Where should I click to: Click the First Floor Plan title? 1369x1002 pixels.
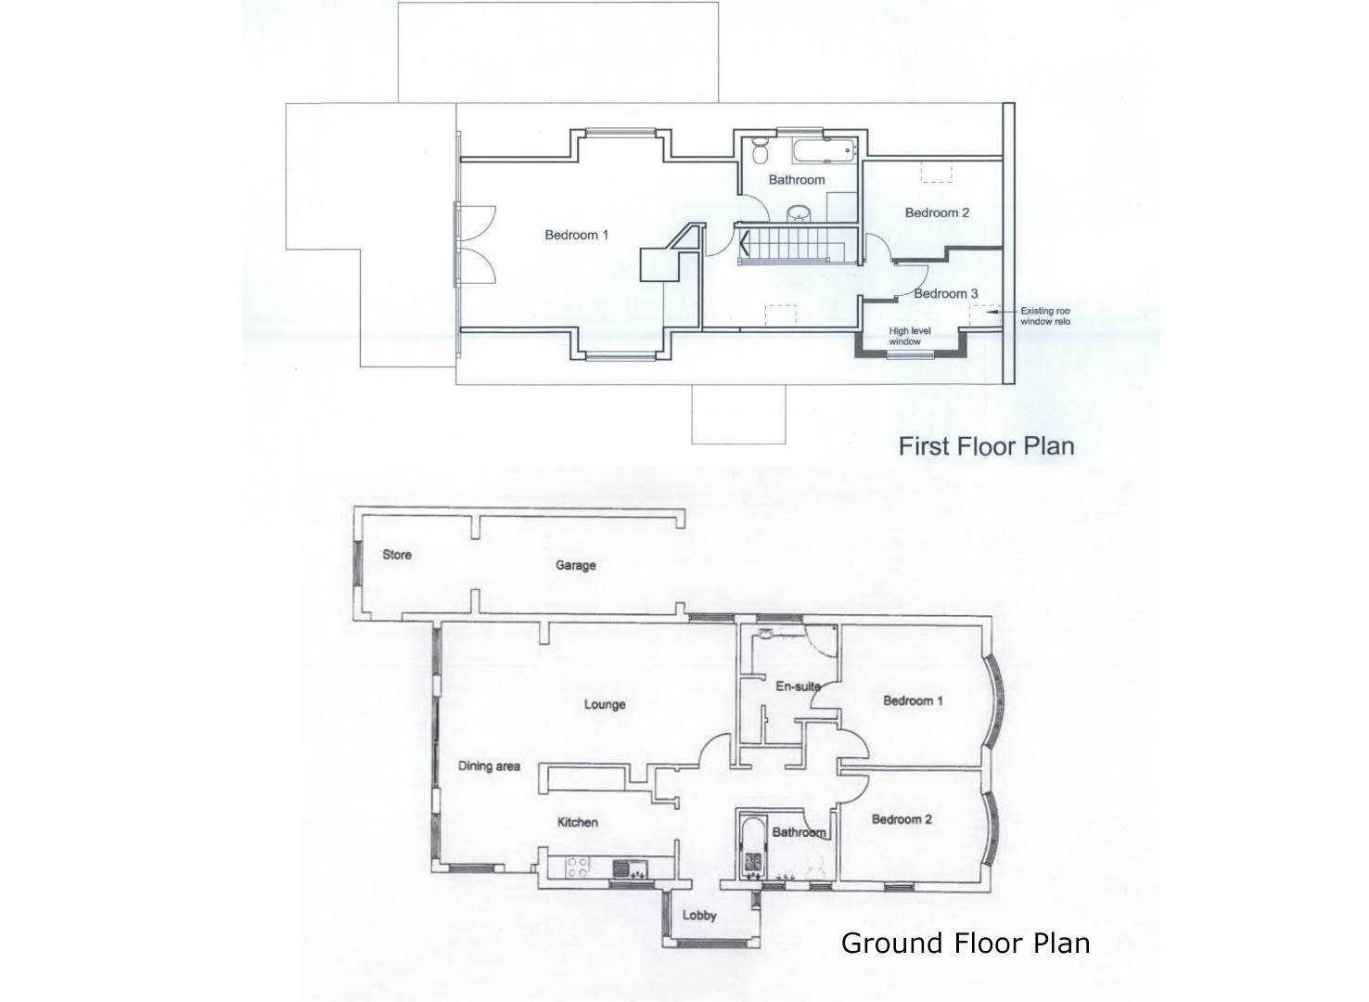[986, 446]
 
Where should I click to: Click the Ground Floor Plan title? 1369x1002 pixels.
[965, 944]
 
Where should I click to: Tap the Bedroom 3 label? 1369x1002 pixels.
[945, 293]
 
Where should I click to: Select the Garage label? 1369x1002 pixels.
[575, 565]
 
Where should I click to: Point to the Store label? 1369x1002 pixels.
[397, 555]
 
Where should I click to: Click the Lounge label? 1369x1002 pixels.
[605, 704]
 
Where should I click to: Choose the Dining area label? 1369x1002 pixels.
[489, 766]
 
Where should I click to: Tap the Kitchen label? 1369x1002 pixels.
[577, 822]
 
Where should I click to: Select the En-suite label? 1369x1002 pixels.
[798, 687]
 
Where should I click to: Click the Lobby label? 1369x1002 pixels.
[699, 916]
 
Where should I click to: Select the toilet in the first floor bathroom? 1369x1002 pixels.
[760, 151]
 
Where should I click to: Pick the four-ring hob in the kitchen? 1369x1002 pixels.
[577, 867]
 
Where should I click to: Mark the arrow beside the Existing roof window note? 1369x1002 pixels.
[1001, 313]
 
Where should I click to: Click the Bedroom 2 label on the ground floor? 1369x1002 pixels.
[902, 819]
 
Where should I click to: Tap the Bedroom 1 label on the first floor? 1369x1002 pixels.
[576, 235]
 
